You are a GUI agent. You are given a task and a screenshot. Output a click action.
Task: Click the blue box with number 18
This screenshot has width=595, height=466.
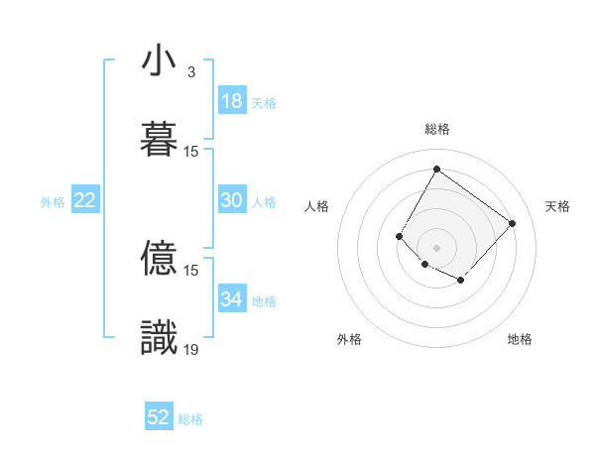[x=232, y=101]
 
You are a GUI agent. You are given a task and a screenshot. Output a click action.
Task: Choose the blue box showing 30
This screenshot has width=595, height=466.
[x=232, y=200]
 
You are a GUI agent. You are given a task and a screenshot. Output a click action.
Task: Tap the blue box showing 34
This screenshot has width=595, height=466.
[x=232, y=299]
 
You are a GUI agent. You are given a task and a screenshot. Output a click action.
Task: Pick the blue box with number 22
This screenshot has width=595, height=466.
[x=85, y=200]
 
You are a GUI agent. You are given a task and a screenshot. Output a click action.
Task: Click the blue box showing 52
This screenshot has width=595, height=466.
[x=159, y=417]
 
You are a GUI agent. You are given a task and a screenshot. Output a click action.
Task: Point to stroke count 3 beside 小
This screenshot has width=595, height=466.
[x=190, y=72]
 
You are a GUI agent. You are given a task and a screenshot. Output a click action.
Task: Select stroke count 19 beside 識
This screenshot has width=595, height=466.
[x=191, y=349]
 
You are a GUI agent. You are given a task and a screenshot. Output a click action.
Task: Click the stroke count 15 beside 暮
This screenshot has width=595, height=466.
[x=191, y=152]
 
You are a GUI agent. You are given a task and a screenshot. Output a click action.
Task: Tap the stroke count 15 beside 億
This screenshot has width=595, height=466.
[x=191, y=270]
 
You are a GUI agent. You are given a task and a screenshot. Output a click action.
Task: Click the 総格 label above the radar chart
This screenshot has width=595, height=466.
[x=436, y=129]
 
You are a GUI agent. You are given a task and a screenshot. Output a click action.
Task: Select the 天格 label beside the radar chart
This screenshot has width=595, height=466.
[x=557, y=206]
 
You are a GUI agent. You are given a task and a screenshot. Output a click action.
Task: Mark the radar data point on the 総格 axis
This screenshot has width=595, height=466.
[x=436, y=169]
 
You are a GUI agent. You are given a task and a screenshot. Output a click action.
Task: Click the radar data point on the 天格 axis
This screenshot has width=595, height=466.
[x=513, y=223]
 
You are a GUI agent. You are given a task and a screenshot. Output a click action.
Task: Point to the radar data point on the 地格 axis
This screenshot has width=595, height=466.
[x=461, y=282]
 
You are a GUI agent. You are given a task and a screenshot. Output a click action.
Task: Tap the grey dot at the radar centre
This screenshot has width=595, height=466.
[x=436, y=247]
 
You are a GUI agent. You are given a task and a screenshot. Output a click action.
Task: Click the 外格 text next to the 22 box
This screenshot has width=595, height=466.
[x=53, y=201]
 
